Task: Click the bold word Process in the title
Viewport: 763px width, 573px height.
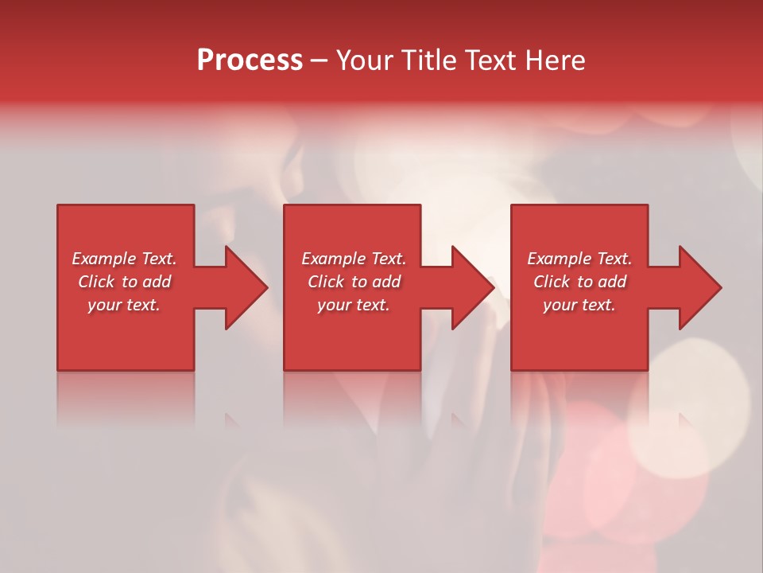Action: point(250,60)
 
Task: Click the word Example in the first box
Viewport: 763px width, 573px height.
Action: point(104,259)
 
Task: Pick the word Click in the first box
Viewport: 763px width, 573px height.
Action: point(97,282)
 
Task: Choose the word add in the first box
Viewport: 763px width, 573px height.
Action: point(157,282)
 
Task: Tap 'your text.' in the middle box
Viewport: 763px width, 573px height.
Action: point(353,305)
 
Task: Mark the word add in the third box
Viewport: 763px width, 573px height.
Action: point(613,282)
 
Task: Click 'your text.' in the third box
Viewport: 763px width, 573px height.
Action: point(579,305)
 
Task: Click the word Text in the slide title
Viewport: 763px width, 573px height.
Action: point(492,60)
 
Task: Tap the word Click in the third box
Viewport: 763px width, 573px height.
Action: point(552,282)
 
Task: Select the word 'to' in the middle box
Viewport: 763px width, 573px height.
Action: point(359,282)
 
